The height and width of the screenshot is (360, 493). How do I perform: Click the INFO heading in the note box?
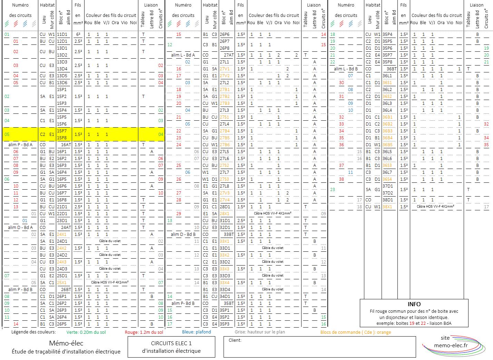[414, 304]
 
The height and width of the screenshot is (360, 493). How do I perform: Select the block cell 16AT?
[66, 145]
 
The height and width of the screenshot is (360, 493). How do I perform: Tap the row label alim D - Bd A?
[20, 228]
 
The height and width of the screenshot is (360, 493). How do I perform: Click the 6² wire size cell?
[78, 34]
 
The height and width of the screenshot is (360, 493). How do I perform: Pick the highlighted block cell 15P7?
[62, 131]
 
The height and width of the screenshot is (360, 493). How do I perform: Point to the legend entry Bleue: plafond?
[196, 332]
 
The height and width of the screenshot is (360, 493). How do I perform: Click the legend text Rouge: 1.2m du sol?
[144, 332]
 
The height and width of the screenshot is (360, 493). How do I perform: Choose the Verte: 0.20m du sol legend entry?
[86, 332]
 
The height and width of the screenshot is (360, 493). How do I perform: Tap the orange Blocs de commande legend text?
[356, 332]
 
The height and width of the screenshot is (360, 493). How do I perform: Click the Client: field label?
[235, 340]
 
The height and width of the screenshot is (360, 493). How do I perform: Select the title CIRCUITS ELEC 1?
[171, 343]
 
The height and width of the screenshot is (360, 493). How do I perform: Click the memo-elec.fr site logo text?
[451, 345]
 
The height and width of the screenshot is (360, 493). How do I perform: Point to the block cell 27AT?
[229, 55]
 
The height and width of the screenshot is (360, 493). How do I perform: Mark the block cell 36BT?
[392, 69]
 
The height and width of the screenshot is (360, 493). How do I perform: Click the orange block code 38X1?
[387, 207]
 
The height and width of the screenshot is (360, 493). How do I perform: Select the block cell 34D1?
[225, 297]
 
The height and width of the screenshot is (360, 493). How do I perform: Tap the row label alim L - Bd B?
[346, 69]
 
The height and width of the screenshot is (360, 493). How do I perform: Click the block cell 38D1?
[388, 200]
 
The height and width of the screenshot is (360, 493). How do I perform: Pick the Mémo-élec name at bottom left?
[66, 343]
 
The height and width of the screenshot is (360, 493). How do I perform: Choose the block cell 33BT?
[229, 234]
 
